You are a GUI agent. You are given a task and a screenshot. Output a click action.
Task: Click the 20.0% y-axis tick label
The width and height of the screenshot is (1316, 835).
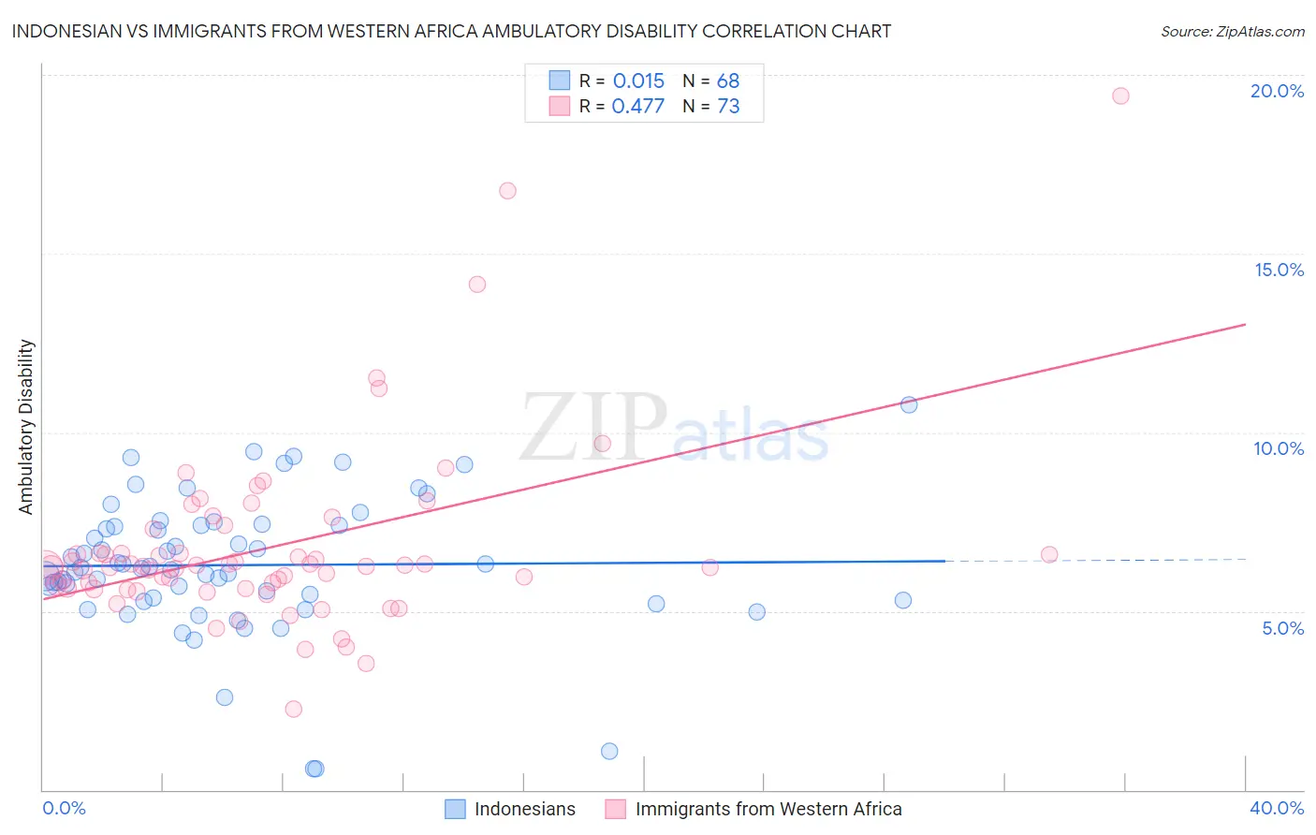coord(1277,91)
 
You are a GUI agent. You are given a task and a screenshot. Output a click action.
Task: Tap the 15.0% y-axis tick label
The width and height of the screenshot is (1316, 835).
coord(1279,270)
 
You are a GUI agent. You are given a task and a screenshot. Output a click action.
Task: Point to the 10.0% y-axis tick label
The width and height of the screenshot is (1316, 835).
coord(1279,448)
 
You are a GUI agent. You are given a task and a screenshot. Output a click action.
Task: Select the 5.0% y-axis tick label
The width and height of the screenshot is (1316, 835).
coord(1282,628)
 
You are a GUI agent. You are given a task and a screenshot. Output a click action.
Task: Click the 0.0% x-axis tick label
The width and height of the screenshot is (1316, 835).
coord(64,808)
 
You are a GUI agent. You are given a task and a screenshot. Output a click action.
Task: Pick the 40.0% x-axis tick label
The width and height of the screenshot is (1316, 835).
coord(1277,808)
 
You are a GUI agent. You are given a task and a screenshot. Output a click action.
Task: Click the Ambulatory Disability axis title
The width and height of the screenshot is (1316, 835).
coord(26,427)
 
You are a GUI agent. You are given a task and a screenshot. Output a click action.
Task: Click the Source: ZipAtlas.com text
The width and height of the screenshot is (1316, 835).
coord(1232,32)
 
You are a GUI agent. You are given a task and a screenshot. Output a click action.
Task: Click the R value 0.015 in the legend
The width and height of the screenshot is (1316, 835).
coord(638,81)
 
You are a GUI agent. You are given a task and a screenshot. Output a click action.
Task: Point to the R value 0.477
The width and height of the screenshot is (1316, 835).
coord(637,107)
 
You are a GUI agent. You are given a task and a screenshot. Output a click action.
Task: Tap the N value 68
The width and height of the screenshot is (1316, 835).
coord(728,81)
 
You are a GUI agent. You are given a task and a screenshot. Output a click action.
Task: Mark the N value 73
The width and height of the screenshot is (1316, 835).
coord(728,107)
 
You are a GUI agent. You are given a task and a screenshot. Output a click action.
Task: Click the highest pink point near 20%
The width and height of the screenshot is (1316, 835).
coord(1120,95)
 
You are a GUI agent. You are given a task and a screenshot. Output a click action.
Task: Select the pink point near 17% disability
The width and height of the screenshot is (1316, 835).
coord(507,191)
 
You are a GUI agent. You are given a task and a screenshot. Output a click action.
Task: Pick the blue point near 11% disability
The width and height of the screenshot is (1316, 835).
coord(909,404)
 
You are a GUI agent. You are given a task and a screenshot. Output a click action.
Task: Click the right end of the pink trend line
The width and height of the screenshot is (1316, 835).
coord(1245,325)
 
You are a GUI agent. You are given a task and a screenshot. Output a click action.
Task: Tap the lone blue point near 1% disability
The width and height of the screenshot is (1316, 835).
coord(609,751)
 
